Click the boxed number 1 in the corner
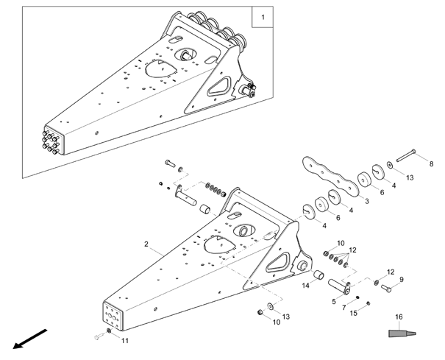pyautogui.click(x=263, y=17)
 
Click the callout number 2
pyautogui.click(x=146, y=244)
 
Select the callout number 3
pyautogui.click(x=367, y=201)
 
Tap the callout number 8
pyautogui.click(x=431, y=163)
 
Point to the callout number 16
pyautogui.click(x=399, y=317)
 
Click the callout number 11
pyautogui.click(x=125, y=341)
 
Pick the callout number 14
pyautogui.click(x=305, y=285)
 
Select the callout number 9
pyautogui.click(x=402, y=280)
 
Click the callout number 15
pyautogui.click(x=354, y=313)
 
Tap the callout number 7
pyautogui.click(x=344, y=308)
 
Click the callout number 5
pyautogui.click(x=334, y=301)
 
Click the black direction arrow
pyautogui.click(x=30, y=339)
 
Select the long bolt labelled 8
pyautogui.click(x=405, y=155)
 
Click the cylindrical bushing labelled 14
pyautogui.click(x=318, y=275)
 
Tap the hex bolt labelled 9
pyautogui.click(x=386, y=289)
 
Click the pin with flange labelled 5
pyautogui.click(x=339, y=286)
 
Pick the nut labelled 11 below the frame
pyautogui.click(x=108, y=331)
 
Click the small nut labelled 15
pyautogui.click(x=368, y=303)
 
